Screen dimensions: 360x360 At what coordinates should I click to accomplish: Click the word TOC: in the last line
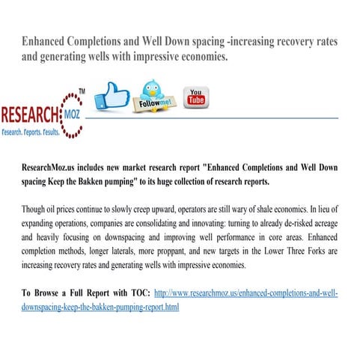pos(137,293)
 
